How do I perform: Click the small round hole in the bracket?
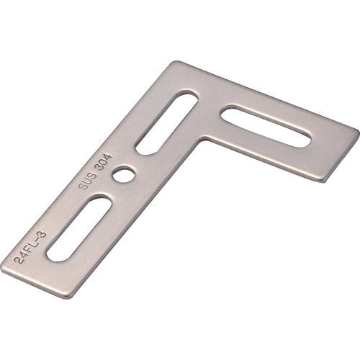click(x=129, y=174)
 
